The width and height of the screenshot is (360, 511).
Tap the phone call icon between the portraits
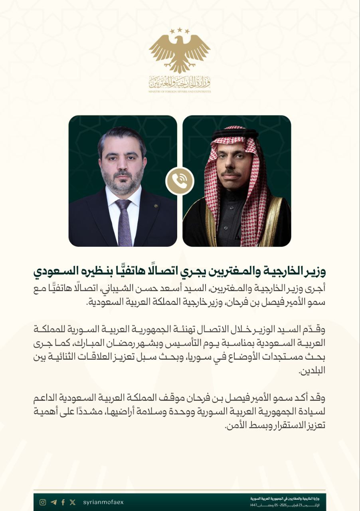(x=180, y=180)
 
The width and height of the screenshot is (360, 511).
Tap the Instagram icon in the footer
(x=43, y=502)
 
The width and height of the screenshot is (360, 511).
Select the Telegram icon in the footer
(x=53, y=502)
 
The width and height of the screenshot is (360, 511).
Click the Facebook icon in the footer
(x=63, y=502)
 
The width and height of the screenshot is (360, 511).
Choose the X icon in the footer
(x=72, y=502)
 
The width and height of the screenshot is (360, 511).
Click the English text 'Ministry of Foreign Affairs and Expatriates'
(x=180, y=91)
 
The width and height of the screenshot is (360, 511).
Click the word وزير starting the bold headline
(x=317, y=272)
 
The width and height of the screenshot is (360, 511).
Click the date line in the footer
(x=287, y=505)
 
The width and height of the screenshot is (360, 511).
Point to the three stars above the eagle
(x=180, y=30)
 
